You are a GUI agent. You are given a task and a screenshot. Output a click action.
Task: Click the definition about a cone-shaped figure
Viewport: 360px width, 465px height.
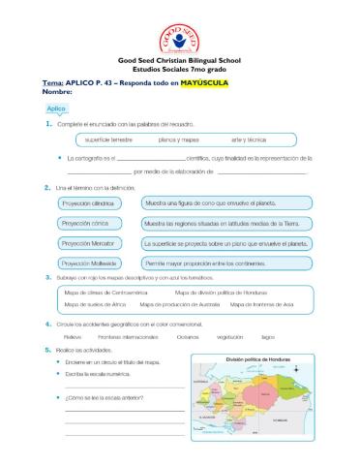click(x=210, y=204)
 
